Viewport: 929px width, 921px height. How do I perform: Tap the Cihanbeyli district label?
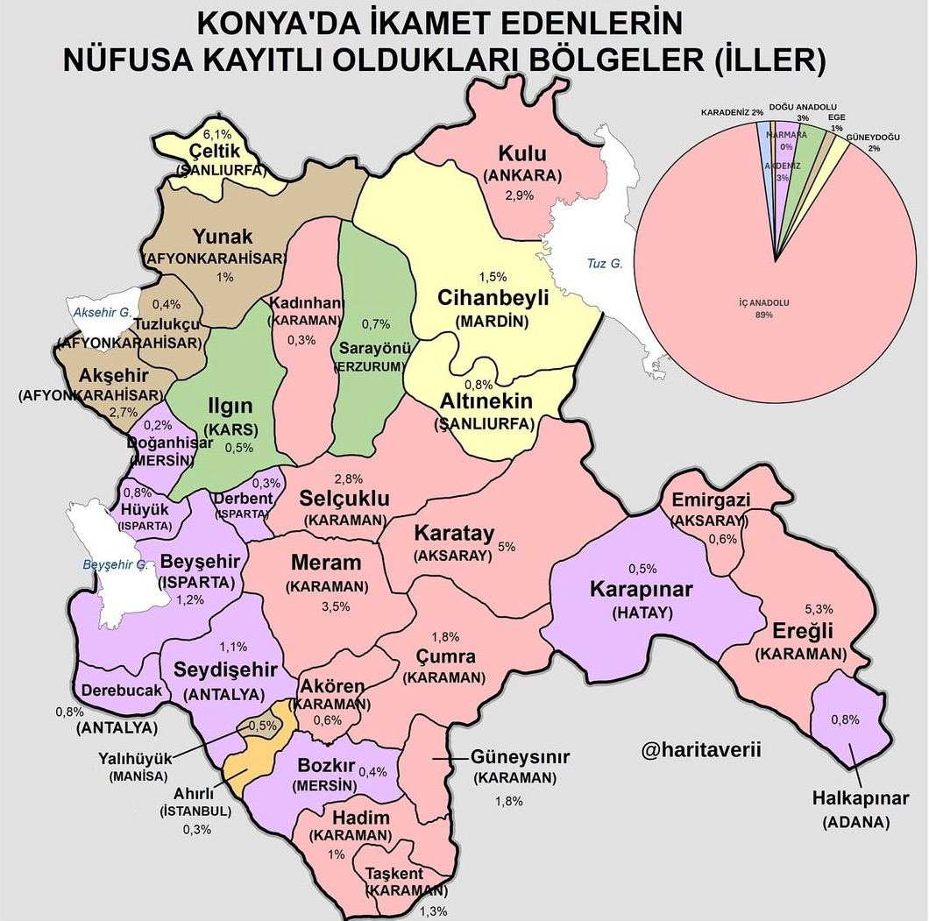click(493, 298)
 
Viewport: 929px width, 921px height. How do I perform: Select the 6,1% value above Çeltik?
click(217, 134)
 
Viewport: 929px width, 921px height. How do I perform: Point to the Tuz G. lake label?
click(605, 263)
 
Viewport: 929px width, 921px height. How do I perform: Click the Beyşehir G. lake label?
click(115, 564)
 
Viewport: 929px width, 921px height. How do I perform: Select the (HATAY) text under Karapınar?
click(642, 613)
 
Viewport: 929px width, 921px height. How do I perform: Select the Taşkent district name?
click(394, 874)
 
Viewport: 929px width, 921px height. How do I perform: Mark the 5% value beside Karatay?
click(506, 546)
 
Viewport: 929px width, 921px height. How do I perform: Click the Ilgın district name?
click(229, 407)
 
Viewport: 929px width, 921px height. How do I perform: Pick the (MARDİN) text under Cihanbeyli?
click(493, 321)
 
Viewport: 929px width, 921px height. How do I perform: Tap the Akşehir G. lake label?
click(100, 312)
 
